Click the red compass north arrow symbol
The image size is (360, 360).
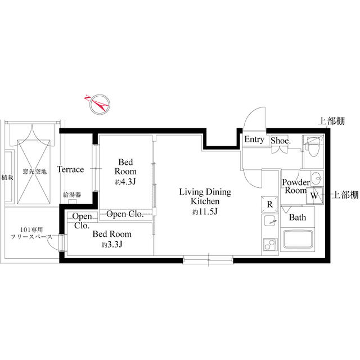click(x=97, y=102)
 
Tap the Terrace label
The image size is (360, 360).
click(x=70, y=169)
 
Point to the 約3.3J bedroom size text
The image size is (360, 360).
click(x=112, y=245)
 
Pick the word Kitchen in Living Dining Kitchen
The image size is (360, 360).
click(x=204, y=201)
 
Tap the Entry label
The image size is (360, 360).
click(x=254, y=140)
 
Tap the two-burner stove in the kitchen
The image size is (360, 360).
click(x=269, y=245)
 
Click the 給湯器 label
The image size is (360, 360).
click(x=72, y=195)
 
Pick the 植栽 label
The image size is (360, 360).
click(x=7, y=177)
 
